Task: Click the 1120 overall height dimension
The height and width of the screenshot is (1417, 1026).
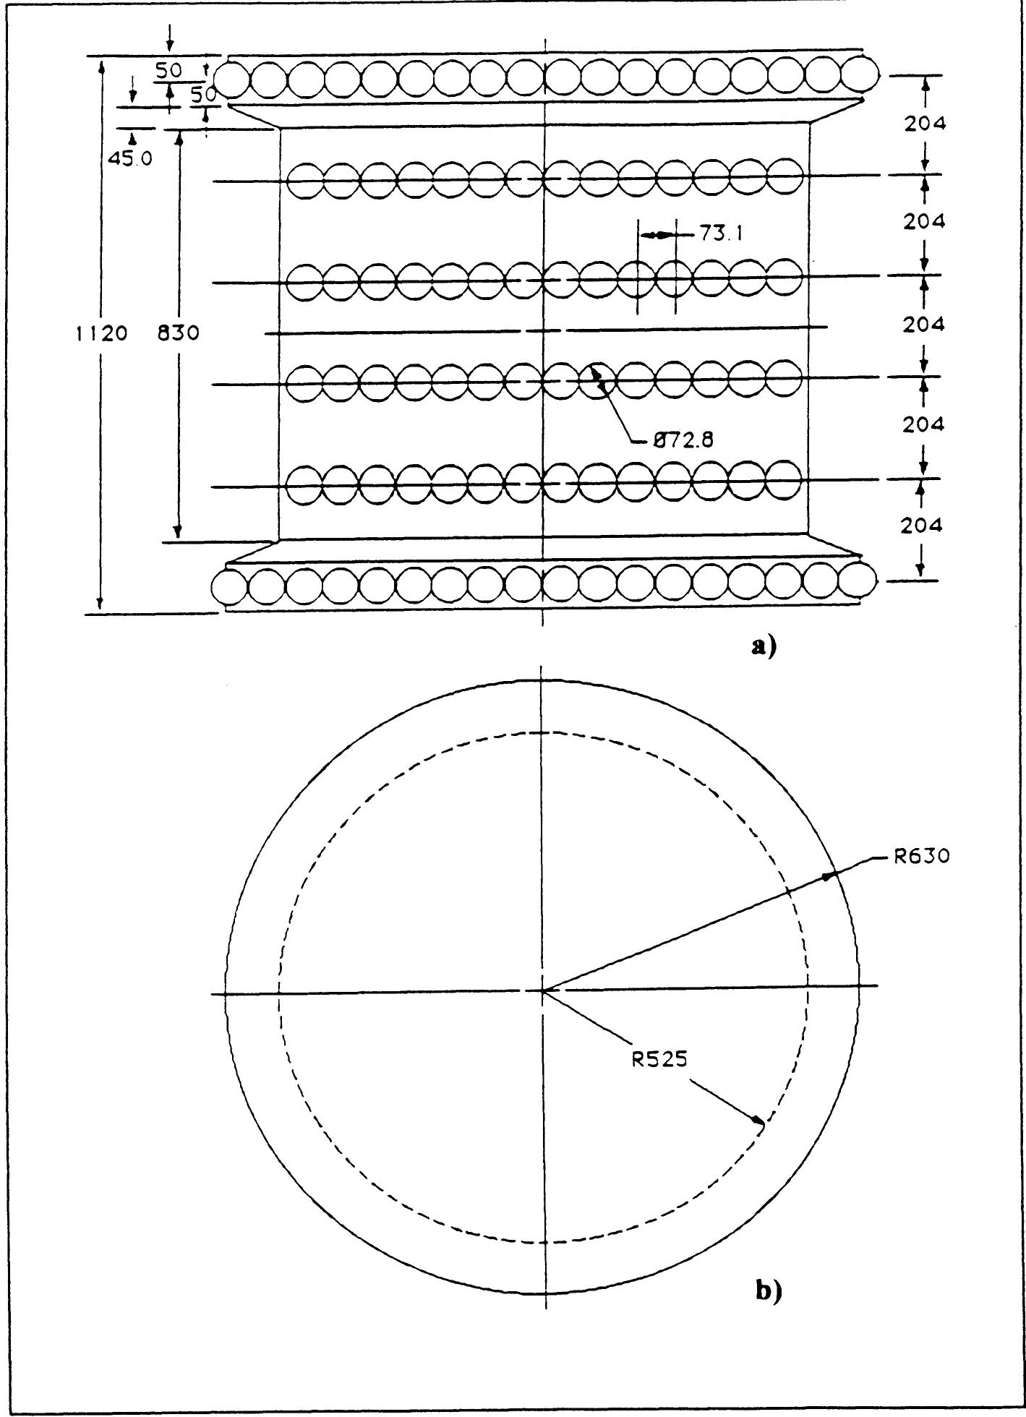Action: (101, 333)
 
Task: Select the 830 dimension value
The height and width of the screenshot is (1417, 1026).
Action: (179, 333)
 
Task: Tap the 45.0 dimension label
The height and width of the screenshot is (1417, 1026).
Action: (131, 158)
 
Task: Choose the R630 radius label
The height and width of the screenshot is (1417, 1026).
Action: (920, 857)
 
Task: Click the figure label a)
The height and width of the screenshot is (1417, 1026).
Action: (764, 645)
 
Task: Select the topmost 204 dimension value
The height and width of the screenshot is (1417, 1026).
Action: (924, 124)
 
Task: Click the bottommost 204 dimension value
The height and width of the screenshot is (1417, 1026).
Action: (920, 526)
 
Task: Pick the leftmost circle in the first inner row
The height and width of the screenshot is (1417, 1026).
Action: (304, 180)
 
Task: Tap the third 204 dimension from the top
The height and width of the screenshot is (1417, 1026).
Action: (923, 325)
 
